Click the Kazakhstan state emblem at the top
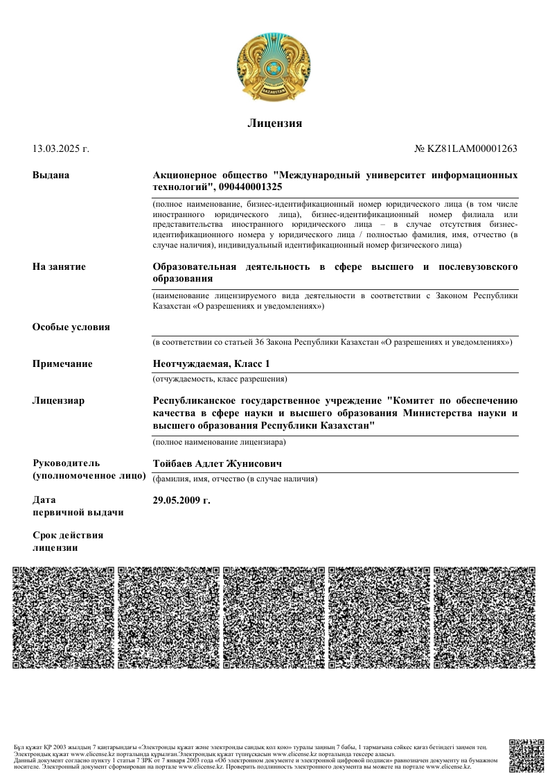click(274, 67)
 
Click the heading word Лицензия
click(275, 123)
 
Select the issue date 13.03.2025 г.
click(61, 148)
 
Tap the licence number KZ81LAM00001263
click(471, 148)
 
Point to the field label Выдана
click(51, 175)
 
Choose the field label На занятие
click(59, 267)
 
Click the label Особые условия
click(71, 327)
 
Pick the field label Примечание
click(62, 364)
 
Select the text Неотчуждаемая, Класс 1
click(211, 364)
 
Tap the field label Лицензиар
click(59, 400)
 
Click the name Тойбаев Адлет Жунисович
click(217, 463)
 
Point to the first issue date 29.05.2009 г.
click(181, 499)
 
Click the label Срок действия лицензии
click(68, 541)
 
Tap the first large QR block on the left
click(64, 617)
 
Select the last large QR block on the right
click(484, 617)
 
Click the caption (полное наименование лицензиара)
click(219, 442)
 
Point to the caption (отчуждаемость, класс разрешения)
click(220, 379)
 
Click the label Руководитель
click(66, 463)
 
